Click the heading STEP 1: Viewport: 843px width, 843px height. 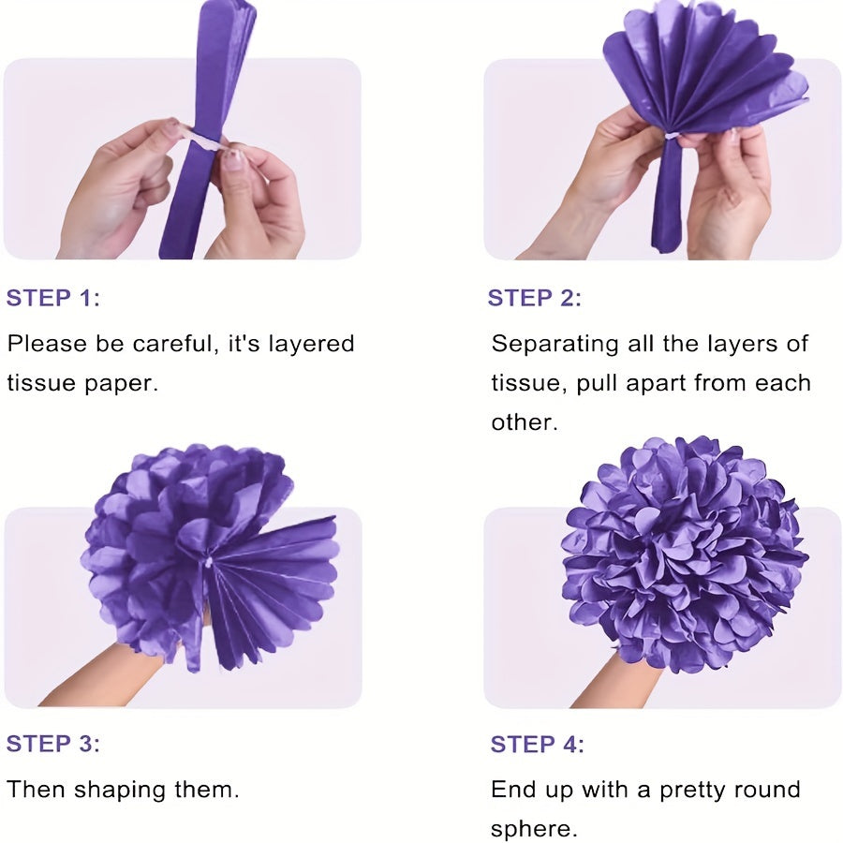point(52,298)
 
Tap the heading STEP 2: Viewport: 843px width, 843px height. point(535,298)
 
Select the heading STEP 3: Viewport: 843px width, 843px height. point(52,744)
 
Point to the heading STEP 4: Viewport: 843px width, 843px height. point(537,744)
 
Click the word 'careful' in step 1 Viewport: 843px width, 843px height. point(176,344)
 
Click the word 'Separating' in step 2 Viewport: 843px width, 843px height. point(555,345)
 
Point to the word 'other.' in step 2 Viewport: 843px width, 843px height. point(525,422)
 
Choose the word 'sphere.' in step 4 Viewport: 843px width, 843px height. point(534,830)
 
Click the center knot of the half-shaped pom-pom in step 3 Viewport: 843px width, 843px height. point(208,562)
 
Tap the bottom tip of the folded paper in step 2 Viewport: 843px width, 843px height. point(663,250)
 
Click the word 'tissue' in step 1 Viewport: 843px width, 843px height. point(41,383)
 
